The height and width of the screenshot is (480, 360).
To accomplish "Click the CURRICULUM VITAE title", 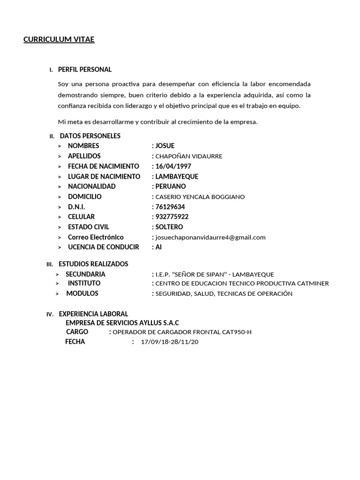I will pyautogui.click(x=59, y=40).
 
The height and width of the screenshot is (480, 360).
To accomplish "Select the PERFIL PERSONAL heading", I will pyautogui.click(x=85, y=70).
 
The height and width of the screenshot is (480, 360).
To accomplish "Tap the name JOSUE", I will pyautogui.click(x=165, y=146).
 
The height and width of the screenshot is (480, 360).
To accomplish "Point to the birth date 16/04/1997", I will pyautogui.click(x=173, y=166).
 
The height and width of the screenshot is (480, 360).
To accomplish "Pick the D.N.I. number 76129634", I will pyautogui.click(x=170, y=207).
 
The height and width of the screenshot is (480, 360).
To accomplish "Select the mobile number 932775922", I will pyautogui.click(x=172, y=217).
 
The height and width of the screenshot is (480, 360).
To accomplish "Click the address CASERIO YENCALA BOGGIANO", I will pyautogui.click(x=200, y=197).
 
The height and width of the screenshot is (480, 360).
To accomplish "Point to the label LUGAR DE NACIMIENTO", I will pyautogui.click(x=104, y=176).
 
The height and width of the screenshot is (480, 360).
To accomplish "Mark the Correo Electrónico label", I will pyautogui.click(x=96, y=237).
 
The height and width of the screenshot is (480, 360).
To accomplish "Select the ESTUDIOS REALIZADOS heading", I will pyautogui.click(x=93, y=264).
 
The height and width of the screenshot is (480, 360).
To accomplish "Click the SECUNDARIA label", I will pyautogui.click(x=85, y=274).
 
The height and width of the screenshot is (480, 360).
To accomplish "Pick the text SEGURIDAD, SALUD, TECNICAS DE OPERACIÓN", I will pyautogui.click(x=224, y=294).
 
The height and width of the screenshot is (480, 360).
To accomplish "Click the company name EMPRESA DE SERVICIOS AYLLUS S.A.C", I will pyautogui.click(x=122, y=323).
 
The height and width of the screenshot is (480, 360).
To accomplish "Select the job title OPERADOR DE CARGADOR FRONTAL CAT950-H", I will pyautogui.click(x=182, y=332).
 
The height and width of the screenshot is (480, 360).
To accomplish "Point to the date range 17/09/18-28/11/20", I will pyautogui.click(x=170, y=342).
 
